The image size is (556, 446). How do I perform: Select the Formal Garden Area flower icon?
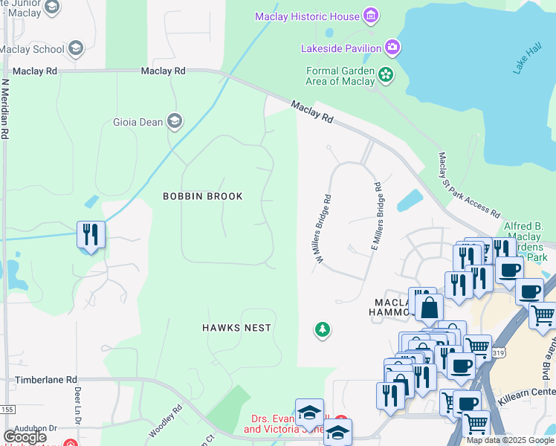point(386,74)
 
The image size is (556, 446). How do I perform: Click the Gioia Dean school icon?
point(175,121)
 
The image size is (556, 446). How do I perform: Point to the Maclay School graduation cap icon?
point(74,49)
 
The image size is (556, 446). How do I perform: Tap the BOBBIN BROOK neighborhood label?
point(203,196)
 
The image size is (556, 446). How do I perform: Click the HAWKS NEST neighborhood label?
point(237,328)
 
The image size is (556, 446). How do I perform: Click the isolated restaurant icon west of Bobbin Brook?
point(91,235)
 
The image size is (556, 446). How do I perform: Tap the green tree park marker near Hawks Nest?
point(322,329)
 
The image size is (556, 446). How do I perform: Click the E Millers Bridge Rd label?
point(375,216)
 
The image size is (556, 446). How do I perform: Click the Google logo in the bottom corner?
point(24,437)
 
